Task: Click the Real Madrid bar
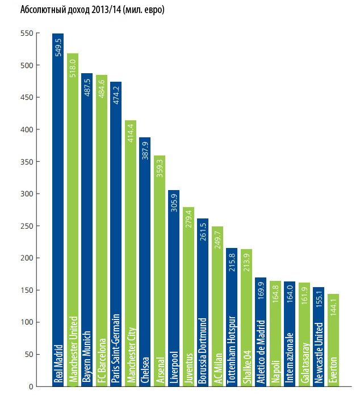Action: click(58, 210)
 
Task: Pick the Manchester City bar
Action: click(131, 255)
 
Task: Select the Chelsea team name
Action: click(145, 371)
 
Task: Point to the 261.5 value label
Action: click(204, 232)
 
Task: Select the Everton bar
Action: click(334, 340)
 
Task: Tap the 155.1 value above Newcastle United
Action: click(320, 300)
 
